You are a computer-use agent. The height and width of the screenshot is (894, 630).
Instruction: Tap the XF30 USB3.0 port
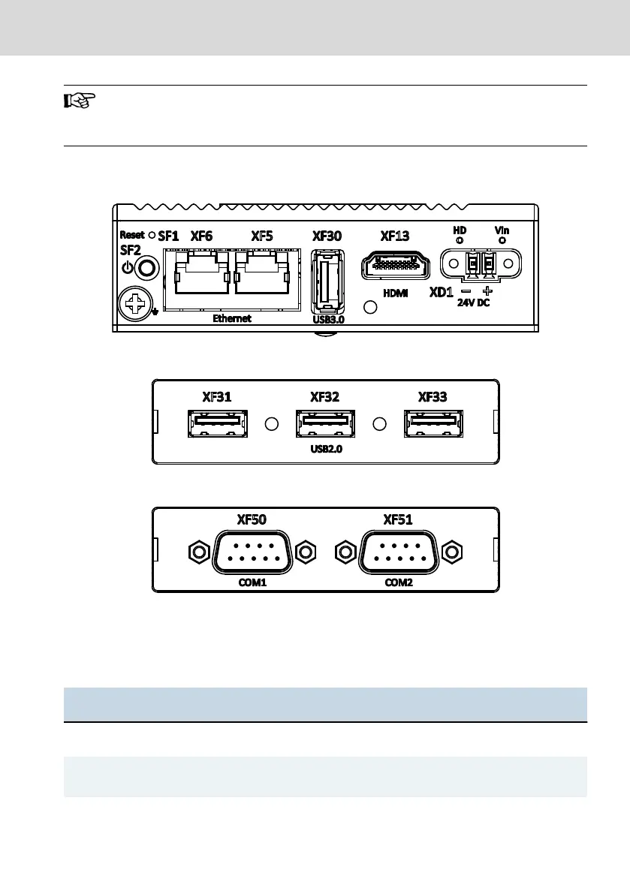coord(327,280)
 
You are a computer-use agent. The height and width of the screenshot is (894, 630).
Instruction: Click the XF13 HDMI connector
coord(394,266)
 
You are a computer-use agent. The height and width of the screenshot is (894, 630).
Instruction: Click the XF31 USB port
coord(216,424)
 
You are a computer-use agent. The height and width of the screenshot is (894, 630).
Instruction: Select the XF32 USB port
coord(324,424)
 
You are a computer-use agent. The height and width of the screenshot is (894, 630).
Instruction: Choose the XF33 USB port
coord(434,424)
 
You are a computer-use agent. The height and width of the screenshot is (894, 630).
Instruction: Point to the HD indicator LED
coord(459,240)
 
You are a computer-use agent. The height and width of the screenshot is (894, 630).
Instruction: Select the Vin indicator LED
coord(502,240)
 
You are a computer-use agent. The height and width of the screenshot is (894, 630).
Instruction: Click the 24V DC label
coord(474,304)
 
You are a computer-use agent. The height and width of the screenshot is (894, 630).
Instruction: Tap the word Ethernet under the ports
coord(232,318)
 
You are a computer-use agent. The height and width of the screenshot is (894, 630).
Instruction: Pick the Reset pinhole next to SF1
coord(152,235)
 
